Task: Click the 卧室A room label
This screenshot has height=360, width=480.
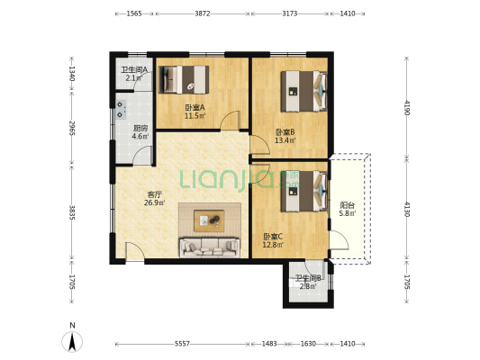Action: [195, 108]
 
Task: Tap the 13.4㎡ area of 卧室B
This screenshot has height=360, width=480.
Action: [285, 140]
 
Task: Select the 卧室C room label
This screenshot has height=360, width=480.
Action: [273, 237]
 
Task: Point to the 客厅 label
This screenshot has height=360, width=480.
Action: [154, 194]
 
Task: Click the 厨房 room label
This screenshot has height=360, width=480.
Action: [140, 128]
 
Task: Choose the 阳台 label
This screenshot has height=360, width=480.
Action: [347, 205]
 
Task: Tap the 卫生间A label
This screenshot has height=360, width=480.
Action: [134, 69]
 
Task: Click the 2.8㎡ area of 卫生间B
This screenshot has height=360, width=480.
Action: [308, 286]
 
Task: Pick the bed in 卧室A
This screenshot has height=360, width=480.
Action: [184, 79]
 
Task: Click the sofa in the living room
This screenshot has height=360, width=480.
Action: [210, 247]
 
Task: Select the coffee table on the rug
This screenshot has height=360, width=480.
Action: [209, 220]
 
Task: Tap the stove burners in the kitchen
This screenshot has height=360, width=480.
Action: [121, 110]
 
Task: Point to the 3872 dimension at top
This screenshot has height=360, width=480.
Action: [203, 13]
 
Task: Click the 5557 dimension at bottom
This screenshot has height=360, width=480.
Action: [182, 344]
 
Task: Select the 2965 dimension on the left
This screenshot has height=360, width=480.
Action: [72, 129]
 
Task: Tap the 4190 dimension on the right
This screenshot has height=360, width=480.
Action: [407, 107]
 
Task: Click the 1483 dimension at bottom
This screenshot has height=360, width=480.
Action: [269, 344]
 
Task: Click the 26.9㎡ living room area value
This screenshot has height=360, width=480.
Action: [155, 202]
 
